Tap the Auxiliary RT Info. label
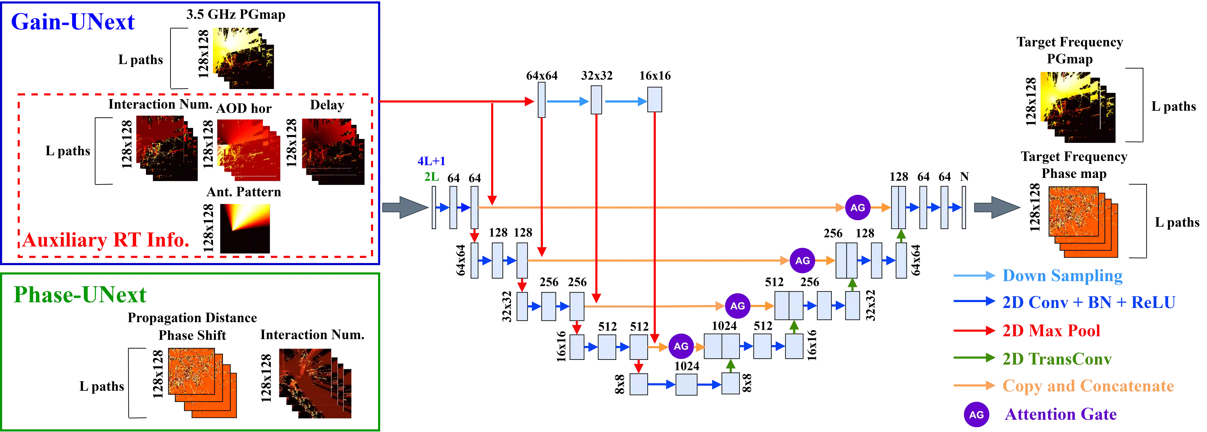pyautogui.click(x=105, y=240)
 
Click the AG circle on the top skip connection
pyautogui.click(x=857, y=208)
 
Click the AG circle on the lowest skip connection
pyautogui.click(x=681, y=346)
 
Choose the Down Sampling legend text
pyautogui.click(x=1062, y=275)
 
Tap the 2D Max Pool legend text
pyautogui.click(x=1051, y=331)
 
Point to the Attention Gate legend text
pyautogui.click(x=1061, y=414)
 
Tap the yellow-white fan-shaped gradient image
pyautogui.click(x=247, y=217)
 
